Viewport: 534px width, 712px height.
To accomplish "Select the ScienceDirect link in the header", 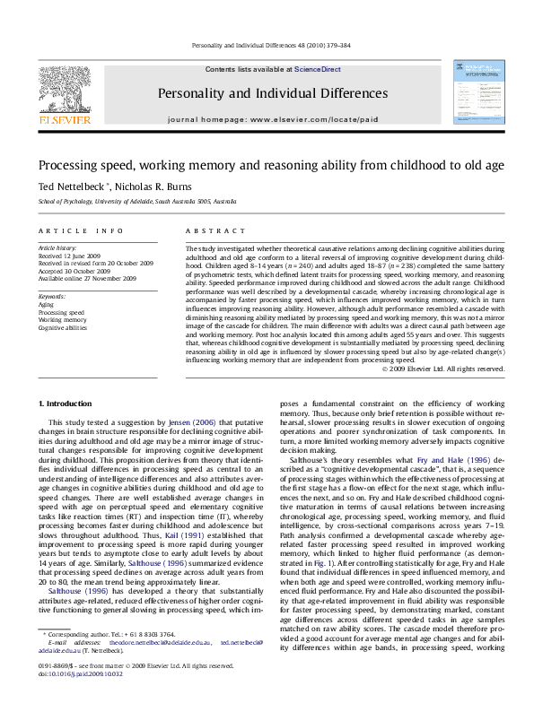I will (318, 69).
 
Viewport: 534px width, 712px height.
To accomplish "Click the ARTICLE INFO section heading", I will (74, 230).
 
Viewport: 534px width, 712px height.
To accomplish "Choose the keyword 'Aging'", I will (47, 304).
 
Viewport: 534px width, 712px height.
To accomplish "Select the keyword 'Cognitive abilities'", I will (63, 328).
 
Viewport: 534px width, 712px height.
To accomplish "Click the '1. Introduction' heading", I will (67, 404).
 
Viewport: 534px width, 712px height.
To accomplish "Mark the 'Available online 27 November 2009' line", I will (87, 279).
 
